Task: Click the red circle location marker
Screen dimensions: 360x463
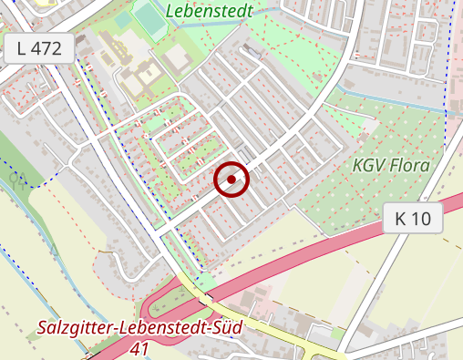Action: point(231,180)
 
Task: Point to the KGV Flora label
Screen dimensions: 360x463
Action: point(390,167)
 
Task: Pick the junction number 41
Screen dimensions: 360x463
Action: point(139,349)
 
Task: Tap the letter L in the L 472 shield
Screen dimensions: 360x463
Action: point(22,49)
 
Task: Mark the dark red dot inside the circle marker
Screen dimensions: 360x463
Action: point(231,180)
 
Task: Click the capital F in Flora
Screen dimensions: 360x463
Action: point(393,167)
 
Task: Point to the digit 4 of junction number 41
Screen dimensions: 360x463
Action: point(135,349)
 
